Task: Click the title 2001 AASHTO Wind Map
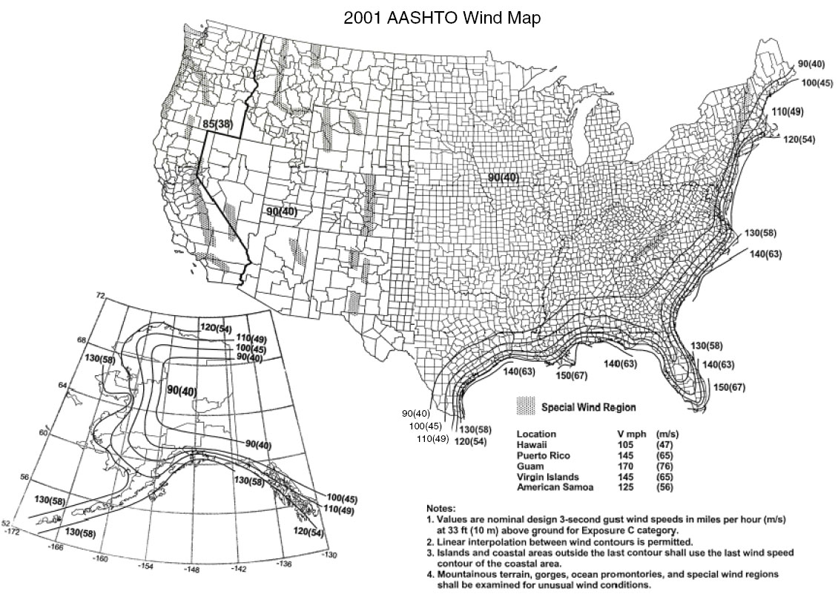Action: coord(442,19)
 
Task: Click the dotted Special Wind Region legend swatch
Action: coord(525,406)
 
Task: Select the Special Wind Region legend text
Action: coord(588,407)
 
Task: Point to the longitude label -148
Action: coord(194,570)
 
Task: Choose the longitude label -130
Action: coord(329,554)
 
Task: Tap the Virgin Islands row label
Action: coord(547,477)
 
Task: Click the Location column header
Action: coord(536,433)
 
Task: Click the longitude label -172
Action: coord(11,531)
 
